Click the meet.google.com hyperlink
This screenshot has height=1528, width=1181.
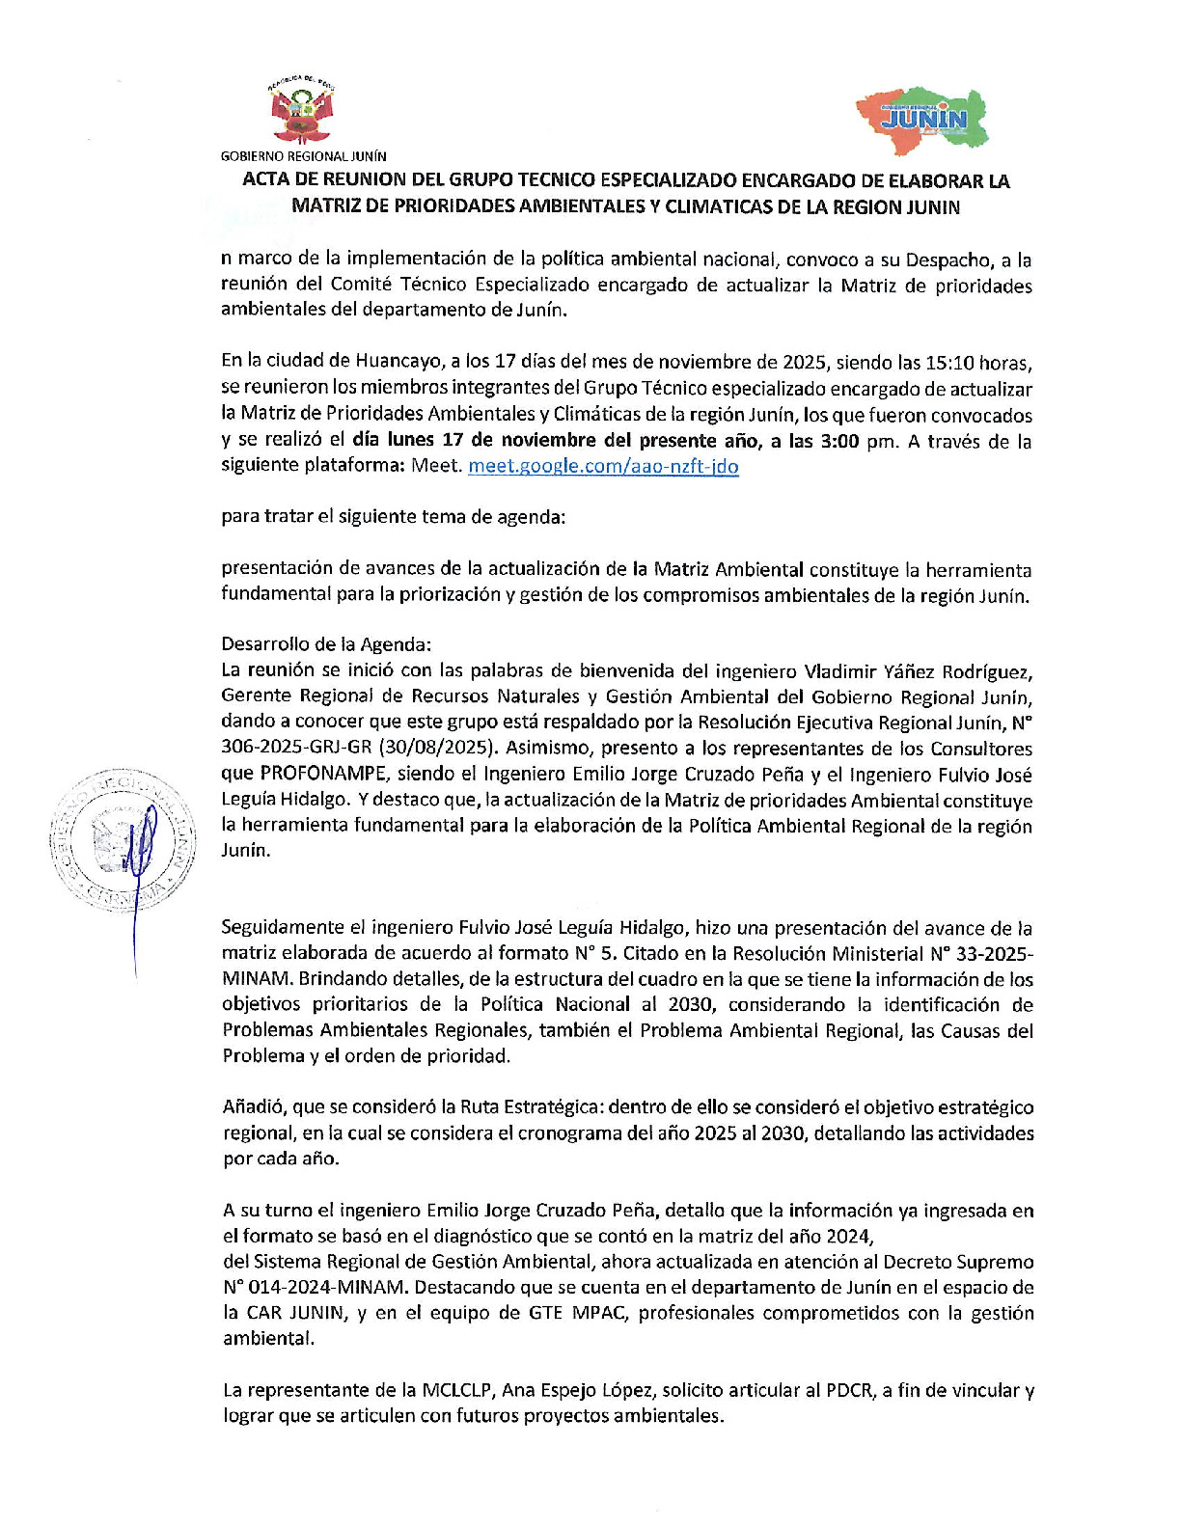click(603, 466)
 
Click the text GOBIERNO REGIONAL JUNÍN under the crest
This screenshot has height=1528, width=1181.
click(303, 155)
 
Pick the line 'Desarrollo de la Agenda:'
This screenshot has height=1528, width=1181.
click(326, 644)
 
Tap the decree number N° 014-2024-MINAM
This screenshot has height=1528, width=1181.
click(316, 1287)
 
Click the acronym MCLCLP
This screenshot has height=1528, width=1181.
click(458, 1390)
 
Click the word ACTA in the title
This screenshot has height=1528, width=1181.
click(266, 180)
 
